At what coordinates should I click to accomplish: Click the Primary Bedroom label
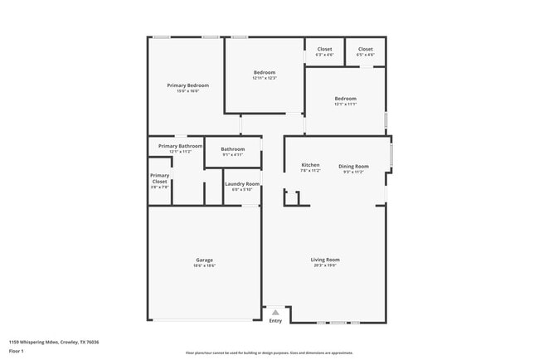tap(187, 85)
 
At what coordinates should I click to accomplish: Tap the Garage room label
tap(205, 260)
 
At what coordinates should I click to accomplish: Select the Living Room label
tap(325, 260)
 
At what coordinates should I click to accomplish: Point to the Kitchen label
tap(311, 166)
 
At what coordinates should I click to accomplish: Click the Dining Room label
tap(353, 166)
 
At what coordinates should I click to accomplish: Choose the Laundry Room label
tap(242, 183)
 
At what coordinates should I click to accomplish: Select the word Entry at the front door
tap(275, 321)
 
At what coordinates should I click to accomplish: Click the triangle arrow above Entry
tap(275, 312)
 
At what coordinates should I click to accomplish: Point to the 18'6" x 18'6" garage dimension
tap(205, 265)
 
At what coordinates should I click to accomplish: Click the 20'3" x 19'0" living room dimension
tap(325, 265)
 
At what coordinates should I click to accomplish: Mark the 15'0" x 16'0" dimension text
tap(187, 91)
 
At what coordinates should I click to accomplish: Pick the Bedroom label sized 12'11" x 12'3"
tap(265, 72)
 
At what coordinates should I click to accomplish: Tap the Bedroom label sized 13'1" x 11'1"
tap(345, 98)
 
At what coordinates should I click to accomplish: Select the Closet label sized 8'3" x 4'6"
tap(324, 49)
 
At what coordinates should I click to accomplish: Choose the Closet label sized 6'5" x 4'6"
tap(366, 49)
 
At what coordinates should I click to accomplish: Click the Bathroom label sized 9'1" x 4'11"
tap(233, 149)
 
